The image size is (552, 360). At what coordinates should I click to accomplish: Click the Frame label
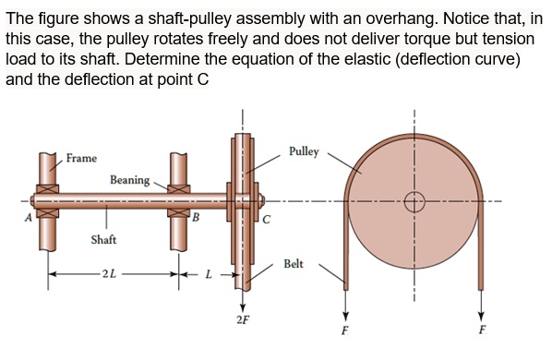(81, 158)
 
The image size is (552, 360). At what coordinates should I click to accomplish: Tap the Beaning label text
(129, 179)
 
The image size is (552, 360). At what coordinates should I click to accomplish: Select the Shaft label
(103, 240)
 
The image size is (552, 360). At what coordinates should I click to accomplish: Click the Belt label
(294, 263)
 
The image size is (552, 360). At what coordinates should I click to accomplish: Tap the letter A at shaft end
(27, 218)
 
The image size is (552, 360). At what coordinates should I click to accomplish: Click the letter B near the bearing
(195, 217)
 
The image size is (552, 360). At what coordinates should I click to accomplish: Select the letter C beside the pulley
(266, 219)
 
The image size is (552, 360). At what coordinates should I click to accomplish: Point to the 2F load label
(242, 320)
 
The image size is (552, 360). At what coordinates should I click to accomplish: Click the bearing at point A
(47, 201)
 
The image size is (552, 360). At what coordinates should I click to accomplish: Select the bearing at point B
(179, 201)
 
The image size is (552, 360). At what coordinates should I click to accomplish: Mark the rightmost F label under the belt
(482, 330)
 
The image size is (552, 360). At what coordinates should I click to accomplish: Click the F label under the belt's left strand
(344, 330)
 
